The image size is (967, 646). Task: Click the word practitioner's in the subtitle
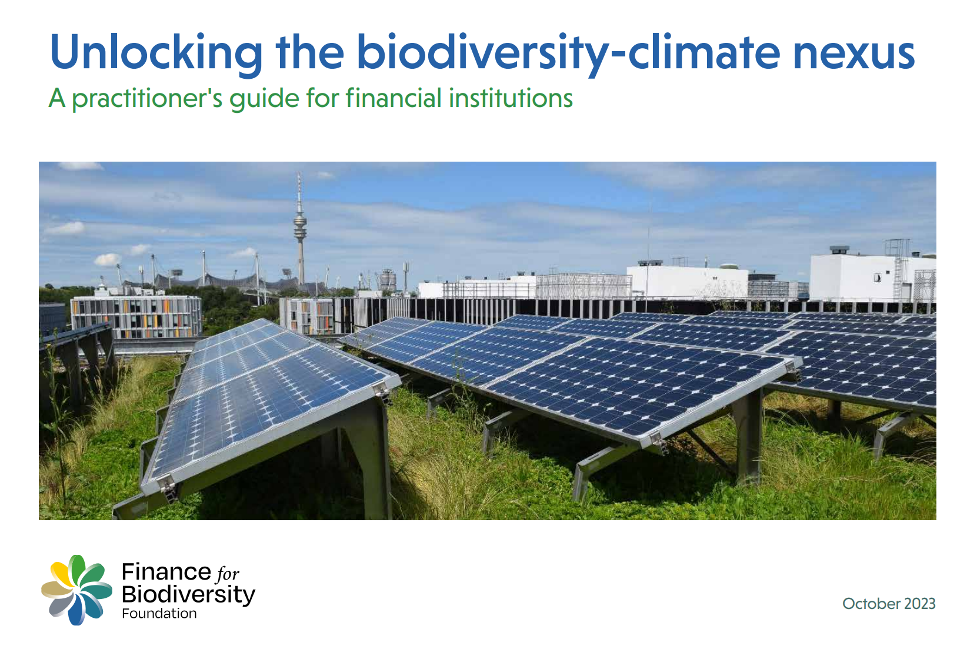(147, 99)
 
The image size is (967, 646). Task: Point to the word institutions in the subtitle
(511, 98)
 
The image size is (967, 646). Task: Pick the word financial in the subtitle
(394, 98)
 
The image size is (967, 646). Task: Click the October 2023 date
(889, 603)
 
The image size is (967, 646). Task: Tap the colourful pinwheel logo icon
(77, 590)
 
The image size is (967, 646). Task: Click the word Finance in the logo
(166, 572)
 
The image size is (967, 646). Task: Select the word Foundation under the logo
(159, 613)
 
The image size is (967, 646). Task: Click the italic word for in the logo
(228, 574)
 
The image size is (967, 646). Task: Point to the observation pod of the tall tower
(301, 226)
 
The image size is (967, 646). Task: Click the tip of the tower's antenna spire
(299, 173)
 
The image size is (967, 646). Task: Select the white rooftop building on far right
(872, 276)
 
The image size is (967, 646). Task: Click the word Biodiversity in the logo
(189, 595)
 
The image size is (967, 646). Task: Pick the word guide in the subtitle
(264, 99)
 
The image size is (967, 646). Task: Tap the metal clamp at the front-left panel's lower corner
(169, 488)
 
